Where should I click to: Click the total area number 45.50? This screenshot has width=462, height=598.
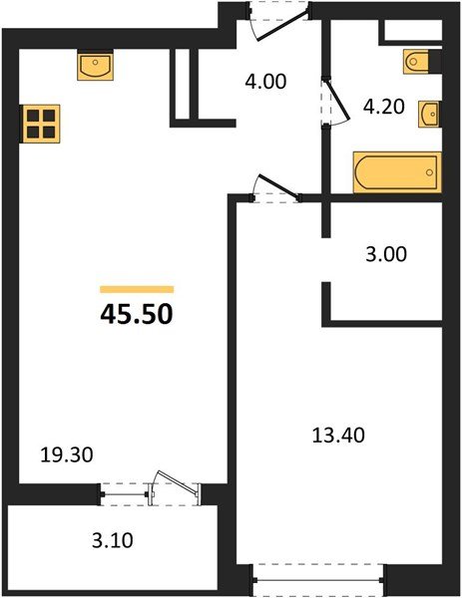[137, 314]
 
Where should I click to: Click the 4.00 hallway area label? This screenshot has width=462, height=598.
[265, 82]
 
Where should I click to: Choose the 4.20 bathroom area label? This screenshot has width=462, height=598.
[382, 107]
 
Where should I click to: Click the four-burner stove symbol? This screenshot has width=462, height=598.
[40, 125]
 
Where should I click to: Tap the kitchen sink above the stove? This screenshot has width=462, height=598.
[96, 67]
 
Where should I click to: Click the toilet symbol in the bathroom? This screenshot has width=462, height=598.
[420, 62]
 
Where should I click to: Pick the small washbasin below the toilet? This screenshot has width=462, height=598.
[430, 112]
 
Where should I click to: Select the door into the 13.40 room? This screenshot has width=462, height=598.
[273, 189]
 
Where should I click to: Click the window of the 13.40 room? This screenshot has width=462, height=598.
[318, 576]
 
